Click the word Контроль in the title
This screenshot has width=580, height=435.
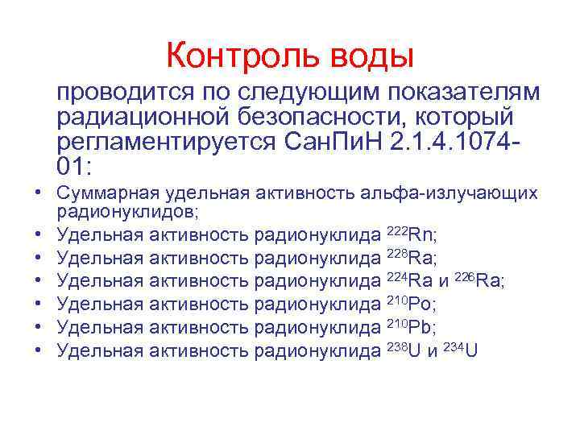(x=234, y=56)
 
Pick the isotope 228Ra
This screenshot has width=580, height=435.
(x=412, y=258)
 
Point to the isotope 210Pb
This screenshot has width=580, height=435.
(x=412, y=327)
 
